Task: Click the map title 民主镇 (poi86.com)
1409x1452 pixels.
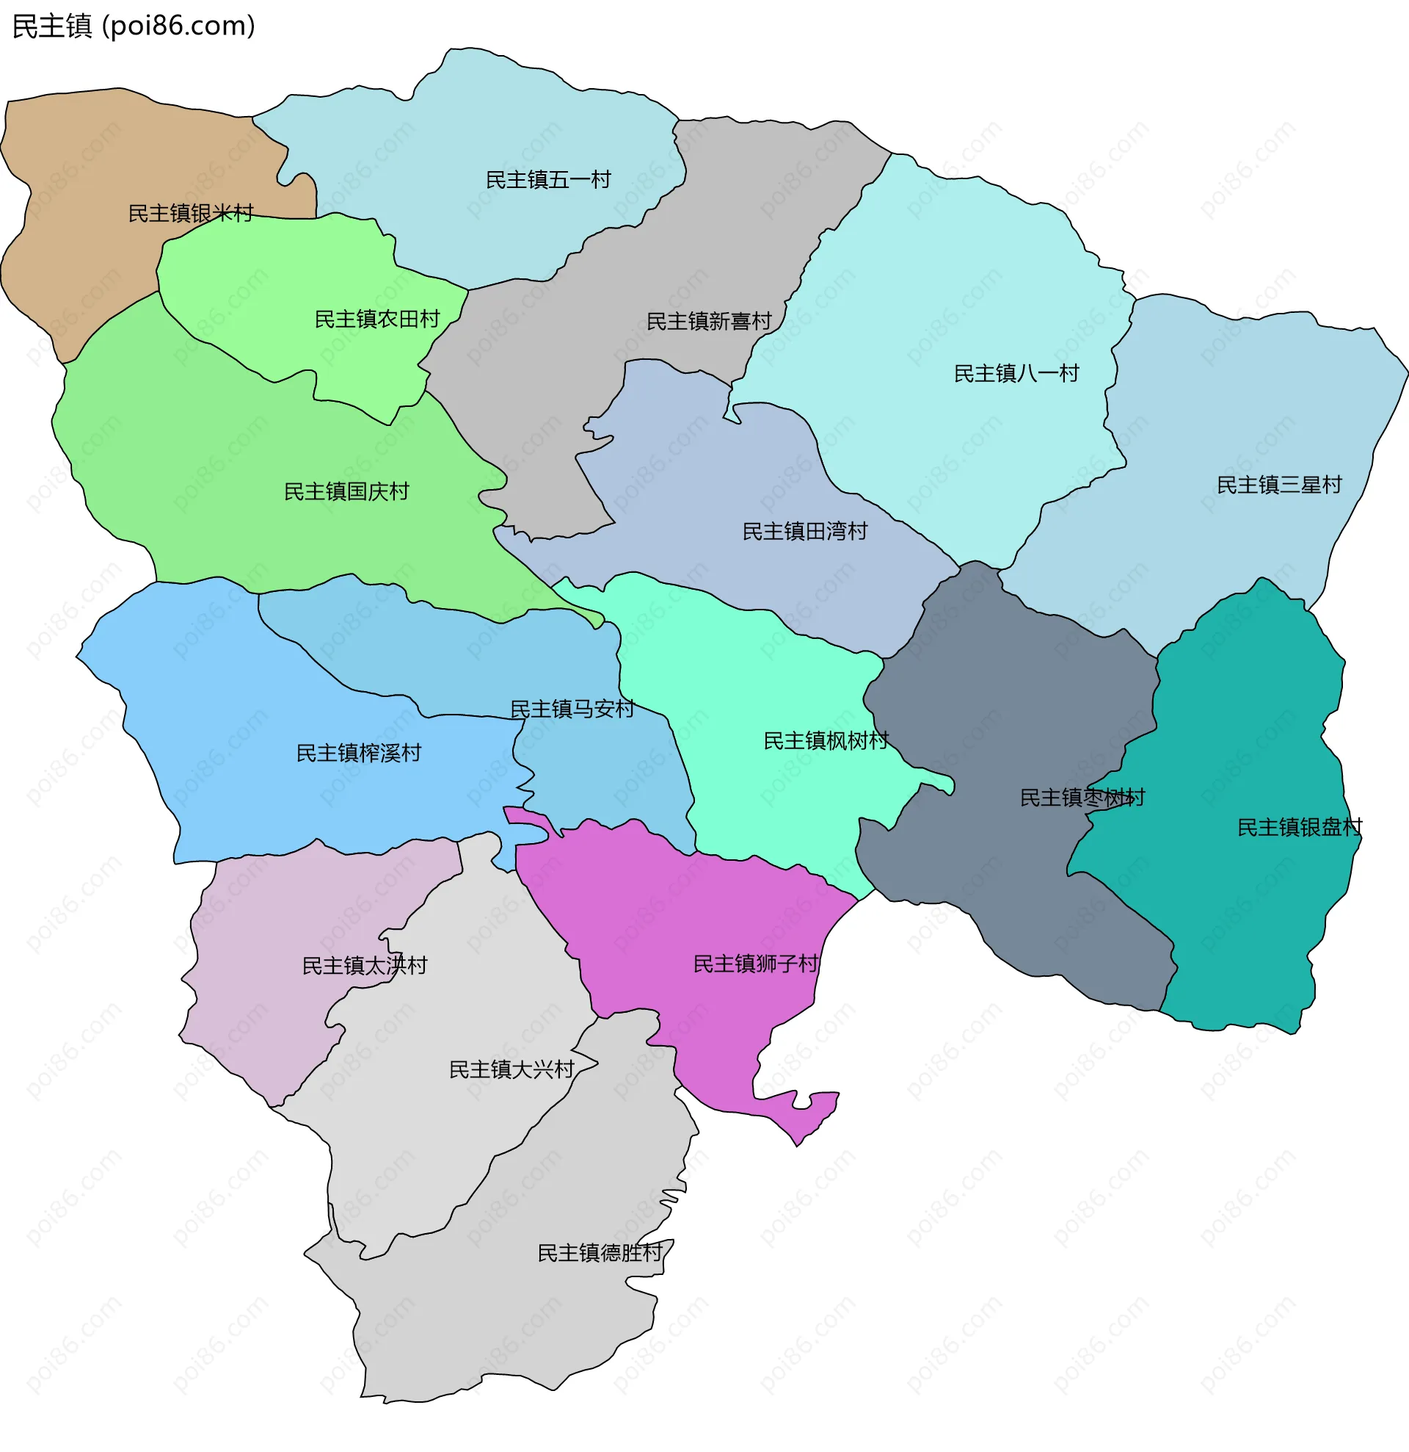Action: coord(134,26)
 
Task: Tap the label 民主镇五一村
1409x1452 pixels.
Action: coord(548,180)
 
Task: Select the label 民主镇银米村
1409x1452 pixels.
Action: coord(191,213)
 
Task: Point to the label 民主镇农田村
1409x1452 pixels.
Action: coord(377,319)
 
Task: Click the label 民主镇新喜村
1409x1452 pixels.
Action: coord(709,322)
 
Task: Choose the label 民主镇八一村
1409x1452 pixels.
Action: coord(1016,373)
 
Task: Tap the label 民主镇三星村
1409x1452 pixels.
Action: coord(1278,485)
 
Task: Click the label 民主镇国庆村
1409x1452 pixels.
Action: coord(346,492)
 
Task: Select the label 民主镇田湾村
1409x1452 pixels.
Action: coord(804,532)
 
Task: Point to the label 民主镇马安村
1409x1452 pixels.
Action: coord(572,709)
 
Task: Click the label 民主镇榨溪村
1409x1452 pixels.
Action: coord(358,754)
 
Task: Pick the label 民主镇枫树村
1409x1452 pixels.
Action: coord(826,742)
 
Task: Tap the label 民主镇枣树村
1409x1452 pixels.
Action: coord(1082,798)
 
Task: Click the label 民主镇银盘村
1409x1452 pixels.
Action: coord(1300,828)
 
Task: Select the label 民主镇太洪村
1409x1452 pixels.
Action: coord(364,966)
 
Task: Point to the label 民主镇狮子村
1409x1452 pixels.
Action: coord(755,964)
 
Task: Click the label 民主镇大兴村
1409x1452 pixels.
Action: coord(511,1071)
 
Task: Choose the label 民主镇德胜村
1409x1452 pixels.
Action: coord(600,1254)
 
